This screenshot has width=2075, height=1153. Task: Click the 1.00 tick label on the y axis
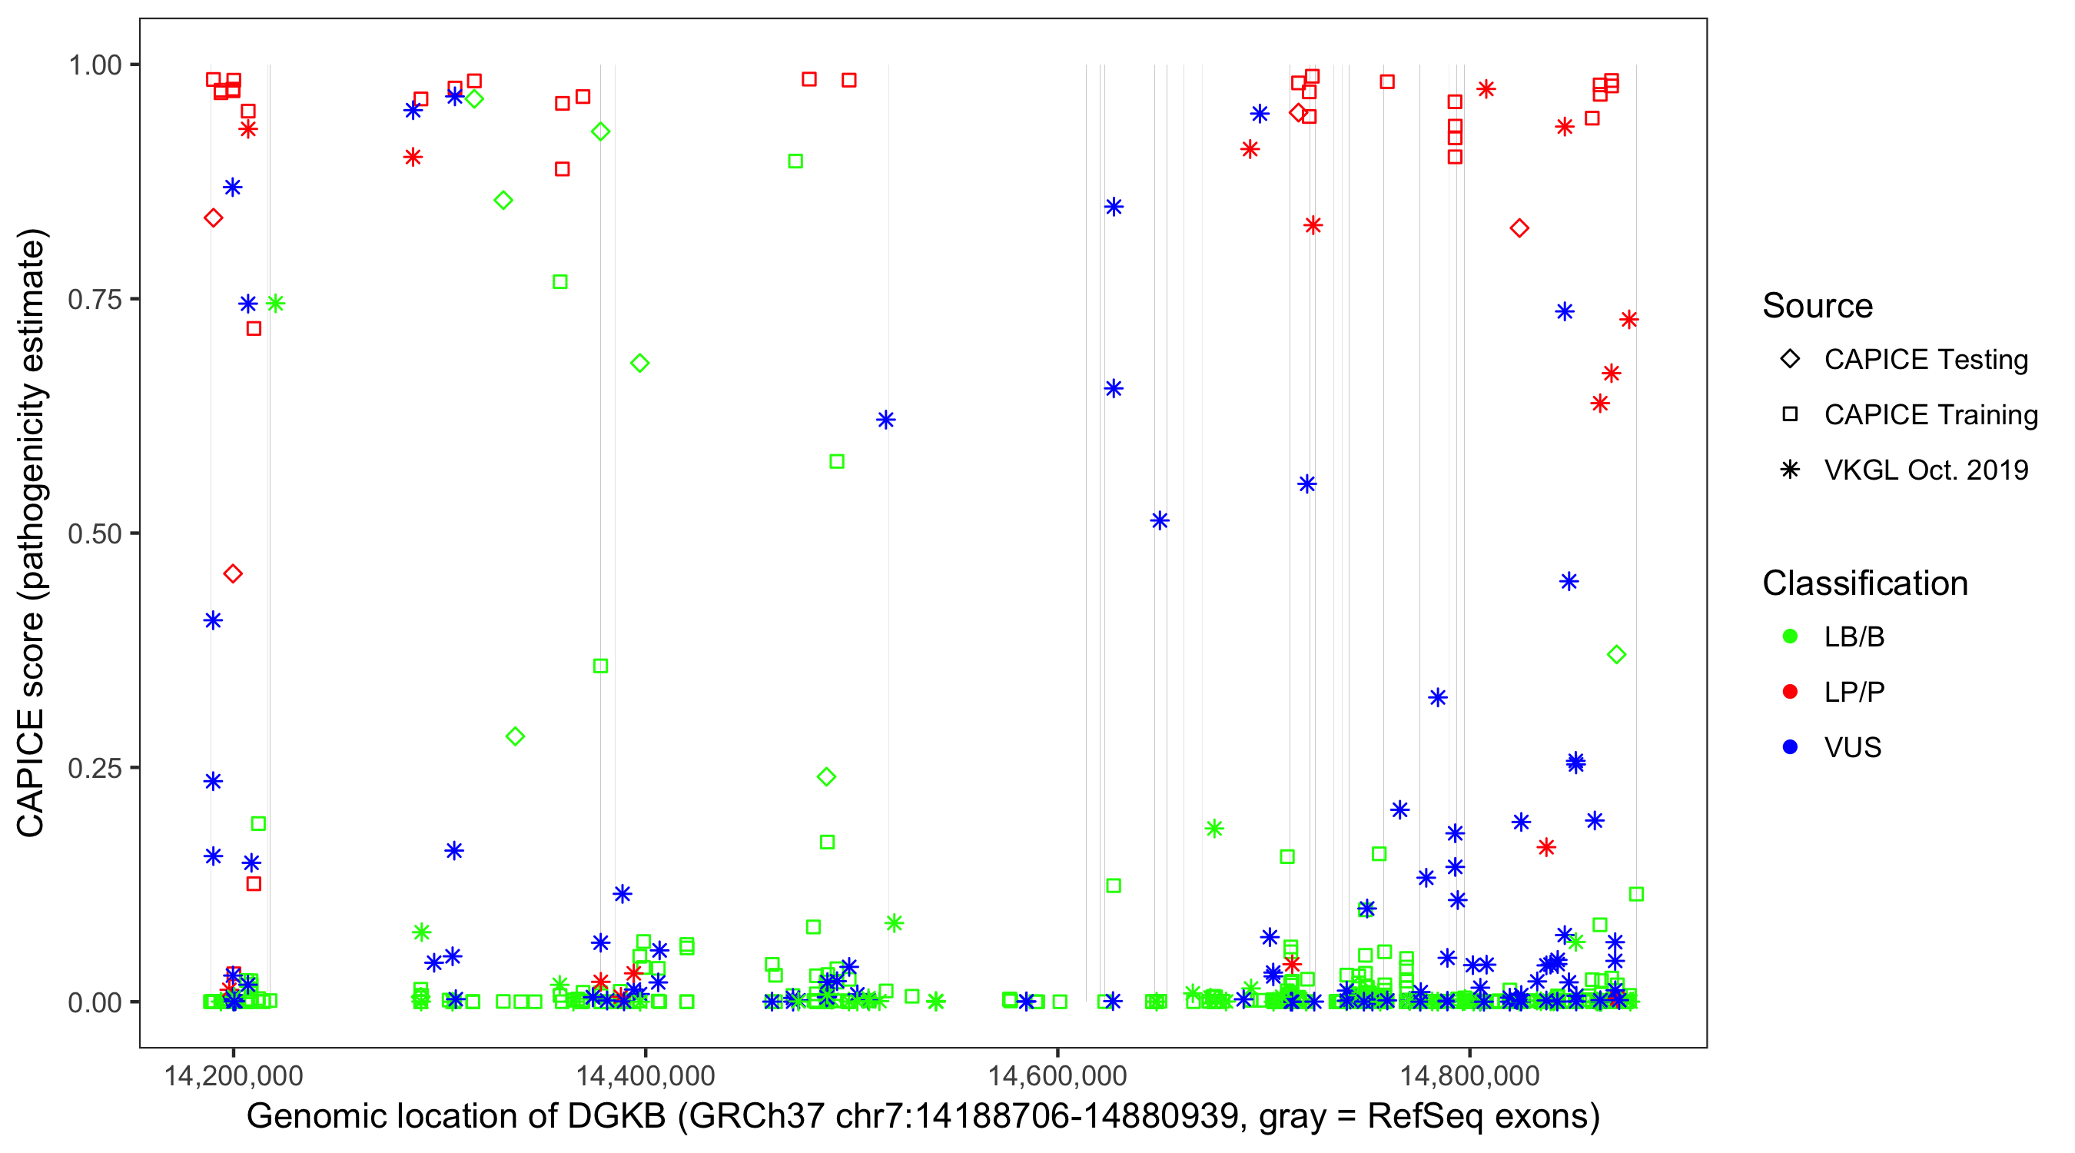point(95,65)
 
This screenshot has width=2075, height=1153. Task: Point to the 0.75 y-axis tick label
point(95,300)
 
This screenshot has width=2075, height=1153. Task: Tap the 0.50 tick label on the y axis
point(95,533)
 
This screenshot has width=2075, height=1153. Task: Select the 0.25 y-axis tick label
point(95,768)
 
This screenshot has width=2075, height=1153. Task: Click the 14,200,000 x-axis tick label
point(234,1075)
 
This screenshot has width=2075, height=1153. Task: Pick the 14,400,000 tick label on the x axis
point(646,1075)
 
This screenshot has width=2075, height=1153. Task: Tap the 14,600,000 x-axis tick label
point(1057,1075)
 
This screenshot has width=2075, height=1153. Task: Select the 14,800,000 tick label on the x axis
point(1469,1075)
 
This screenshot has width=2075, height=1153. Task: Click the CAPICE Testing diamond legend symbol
point(1790,360)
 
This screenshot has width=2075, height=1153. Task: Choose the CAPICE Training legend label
point(1930,415)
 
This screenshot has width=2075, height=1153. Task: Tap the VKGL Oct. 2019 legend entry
point(1925,470)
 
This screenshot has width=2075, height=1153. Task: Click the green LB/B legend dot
point(1790,636)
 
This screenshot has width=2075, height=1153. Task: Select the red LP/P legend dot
point(1790,692)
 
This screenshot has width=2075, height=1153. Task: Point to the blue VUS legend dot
point(1790,748)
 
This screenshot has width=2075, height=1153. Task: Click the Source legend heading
point(1818,306)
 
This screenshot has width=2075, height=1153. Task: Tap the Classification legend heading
point(1864,583)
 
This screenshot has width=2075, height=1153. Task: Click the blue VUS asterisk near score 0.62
point(886,420)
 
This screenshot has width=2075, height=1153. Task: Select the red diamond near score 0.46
point(233,573)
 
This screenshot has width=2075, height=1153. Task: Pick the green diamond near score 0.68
point(639,364)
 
